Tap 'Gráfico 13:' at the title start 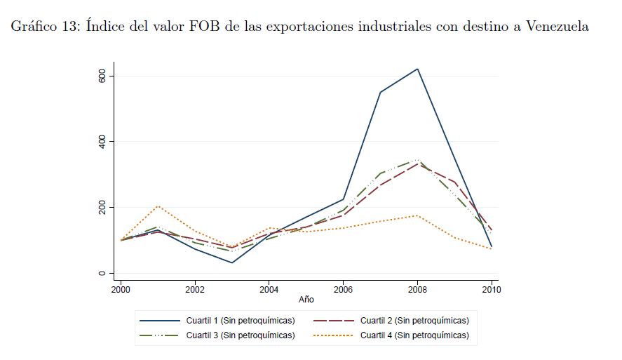[46, 27]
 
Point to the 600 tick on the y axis [102, 76]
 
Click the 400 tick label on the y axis [102, 142]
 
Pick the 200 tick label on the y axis [102, 208]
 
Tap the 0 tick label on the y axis [102, 274]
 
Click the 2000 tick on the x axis [121, 288]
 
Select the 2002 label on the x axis [195, 288]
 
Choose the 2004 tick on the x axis [269, 288]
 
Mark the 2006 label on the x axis [343, 288]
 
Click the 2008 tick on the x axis [417, 288]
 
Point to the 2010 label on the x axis [490, 288]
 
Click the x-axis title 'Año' [306, 300]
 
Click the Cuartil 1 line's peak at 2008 [417, 69]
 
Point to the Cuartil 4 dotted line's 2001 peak [158, 206]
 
